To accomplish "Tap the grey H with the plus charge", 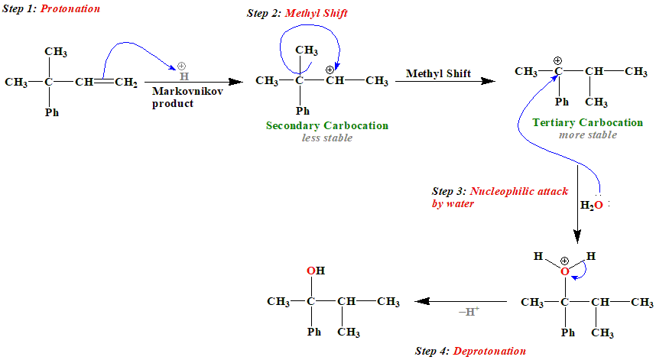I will click(183, 76).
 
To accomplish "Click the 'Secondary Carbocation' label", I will click(327, 125).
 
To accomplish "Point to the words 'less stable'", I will click(327, 138).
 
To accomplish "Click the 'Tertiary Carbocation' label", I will click(587, 122).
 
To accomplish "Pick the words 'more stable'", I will click(587, 135).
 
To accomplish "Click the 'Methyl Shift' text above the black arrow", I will click(438, 74).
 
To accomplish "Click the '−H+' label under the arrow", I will click(469, 312).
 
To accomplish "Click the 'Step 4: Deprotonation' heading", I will click(470, 351).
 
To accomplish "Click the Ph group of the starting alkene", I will click(51, 112).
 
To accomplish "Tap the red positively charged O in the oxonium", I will click(565, 271).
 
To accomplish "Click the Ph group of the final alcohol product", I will click(313, 332).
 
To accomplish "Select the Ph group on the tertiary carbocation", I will click(562, 102).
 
